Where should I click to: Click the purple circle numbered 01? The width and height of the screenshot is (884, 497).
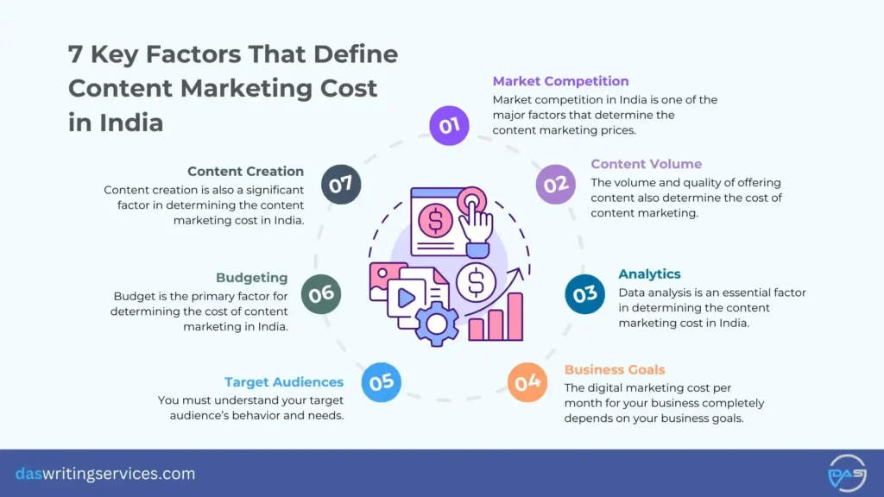(449, 126)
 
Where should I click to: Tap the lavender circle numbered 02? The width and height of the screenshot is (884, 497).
(555, 184)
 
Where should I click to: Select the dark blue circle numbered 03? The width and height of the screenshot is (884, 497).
(585, 294)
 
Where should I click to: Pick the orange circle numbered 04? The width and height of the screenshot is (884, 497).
(527, 381)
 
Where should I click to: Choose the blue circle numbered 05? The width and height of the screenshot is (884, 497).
(381, 381)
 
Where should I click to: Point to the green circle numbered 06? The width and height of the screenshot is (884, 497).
(321, 294)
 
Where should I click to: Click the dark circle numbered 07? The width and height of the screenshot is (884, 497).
(341, 184)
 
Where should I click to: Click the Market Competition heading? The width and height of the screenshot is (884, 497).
(560, 81)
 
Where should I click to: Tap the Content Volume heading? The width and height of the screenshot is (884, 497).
(646, 164)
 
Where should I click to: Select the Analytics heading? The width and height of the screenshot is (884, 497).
(649, 274)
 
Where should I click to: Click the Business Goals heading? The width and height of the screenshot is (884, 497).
(615, 370)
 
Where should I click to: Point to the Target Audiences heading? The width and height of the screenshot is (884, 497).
(284, 382)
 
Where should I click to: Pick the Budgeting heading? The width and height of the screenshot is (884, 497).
(251, 278)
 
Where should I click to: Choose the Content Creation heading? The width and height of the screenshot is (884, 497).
(245, 172)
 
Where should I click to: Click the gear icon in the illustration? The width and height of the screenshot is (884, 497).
(437, 324)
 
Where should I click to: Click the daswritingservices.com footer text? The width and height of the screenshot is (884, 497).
(105, 474)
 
